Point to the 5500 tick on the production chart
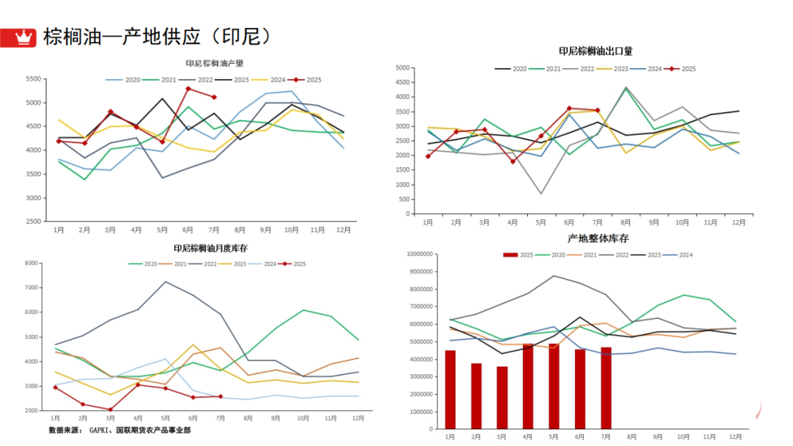click(x=32, y=78)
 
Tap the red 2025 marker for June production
click(x=189, y=89)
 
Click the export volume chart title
click(x=595, y=51)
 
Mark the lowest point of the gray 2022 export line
click(x=541, y=194)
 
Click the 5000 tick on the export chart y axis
click(x=400, y=67)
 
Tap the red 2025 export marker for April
click(x=513, y=161)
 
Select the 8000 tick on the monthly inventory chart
click(x=31, y=263)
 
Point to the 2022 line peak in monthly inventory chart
click(x=165, y=282)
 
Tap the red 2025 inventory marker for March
click(x=110, y=409)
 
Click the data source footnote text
click(x=120, y=430)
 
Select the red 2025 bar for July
click(x=606, y=388)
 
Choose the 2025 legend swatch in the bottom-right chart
click(x=511, y=255)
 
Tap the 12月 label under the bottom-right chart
click(x=736, y=436)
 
